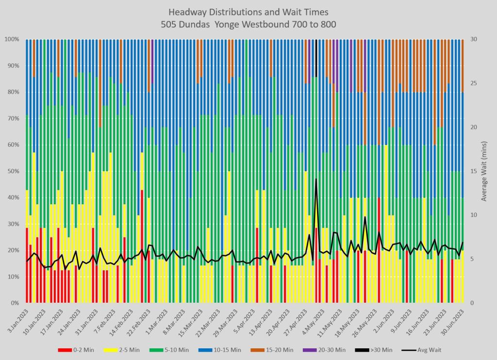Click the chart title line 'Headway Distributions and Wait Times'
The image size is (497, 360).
click(248, 11)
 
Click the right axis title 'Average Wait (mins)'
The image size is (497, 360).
click(483, 171)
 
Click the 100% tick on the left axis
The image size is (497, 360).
click(12, 39)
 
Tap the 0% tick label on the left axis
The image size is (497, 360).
click(15, 303)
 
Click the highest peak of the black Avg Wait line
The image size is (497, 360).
click(316, 179)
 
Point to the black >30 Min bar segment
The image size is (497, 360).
click(316, 58)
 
